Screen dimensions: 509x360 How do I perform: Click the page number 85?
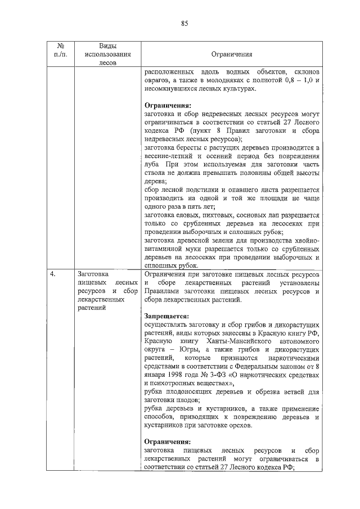[183, 23]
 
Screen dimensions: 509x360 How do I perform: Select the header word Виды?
[107, 46]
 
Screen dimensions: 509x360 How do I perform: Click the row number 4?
[52, 274]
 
